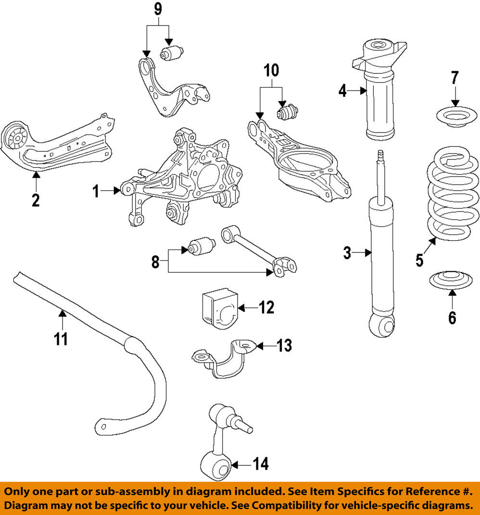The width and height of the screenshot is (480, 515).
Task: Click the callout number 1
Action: [x=96, y=192]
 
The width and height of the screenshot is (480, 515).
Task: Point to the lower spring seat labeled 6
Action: [x=451, y=280]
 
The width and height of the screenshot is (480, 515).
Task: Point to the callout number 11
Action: [x=61, y=339]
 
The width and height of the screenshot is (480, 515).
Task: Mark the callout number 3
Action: [x=347, y=252]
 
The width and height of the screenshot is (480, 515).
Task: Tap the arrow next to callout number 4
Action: [x=358, y=90]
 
